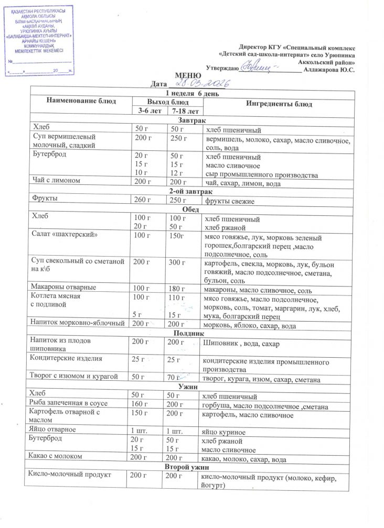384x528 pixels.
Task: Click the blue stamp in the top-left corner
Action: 39,40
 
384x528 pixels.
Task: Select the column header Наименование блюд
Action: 81,101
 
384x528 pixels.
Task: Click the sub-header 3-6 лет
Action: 149,111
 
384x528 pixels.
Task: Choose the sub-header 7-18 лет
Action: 184,111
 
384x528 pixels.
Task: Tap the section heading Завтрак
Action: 189,120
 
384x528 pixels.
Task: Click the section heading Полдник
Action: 188,334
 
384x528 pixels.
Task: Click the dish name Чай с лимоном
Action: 57,182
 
